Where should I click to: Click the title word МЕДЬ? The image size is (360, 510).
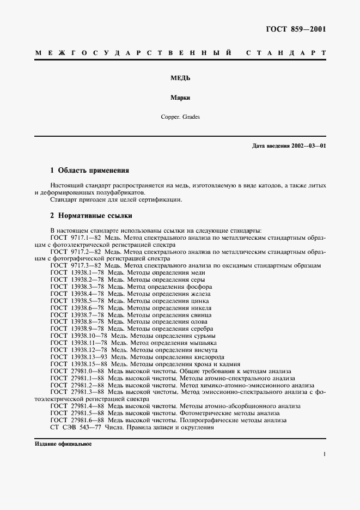(x=180, y=77)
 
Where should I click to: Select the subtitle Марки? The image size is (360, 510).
(x=180, y=99)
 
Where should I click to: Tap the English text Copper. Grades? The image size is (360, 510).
(x=180, y=117)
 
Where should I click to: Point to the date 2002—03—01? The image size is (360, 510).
(x=308, y=146)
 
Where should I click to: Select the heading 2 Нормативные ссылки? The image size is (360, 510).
(x=91, y=216)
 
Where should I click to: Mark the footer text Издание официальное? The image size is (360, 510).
(x=63, y=444)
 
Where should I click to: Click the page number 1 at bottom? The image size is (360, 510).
(x=324, y=454)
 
